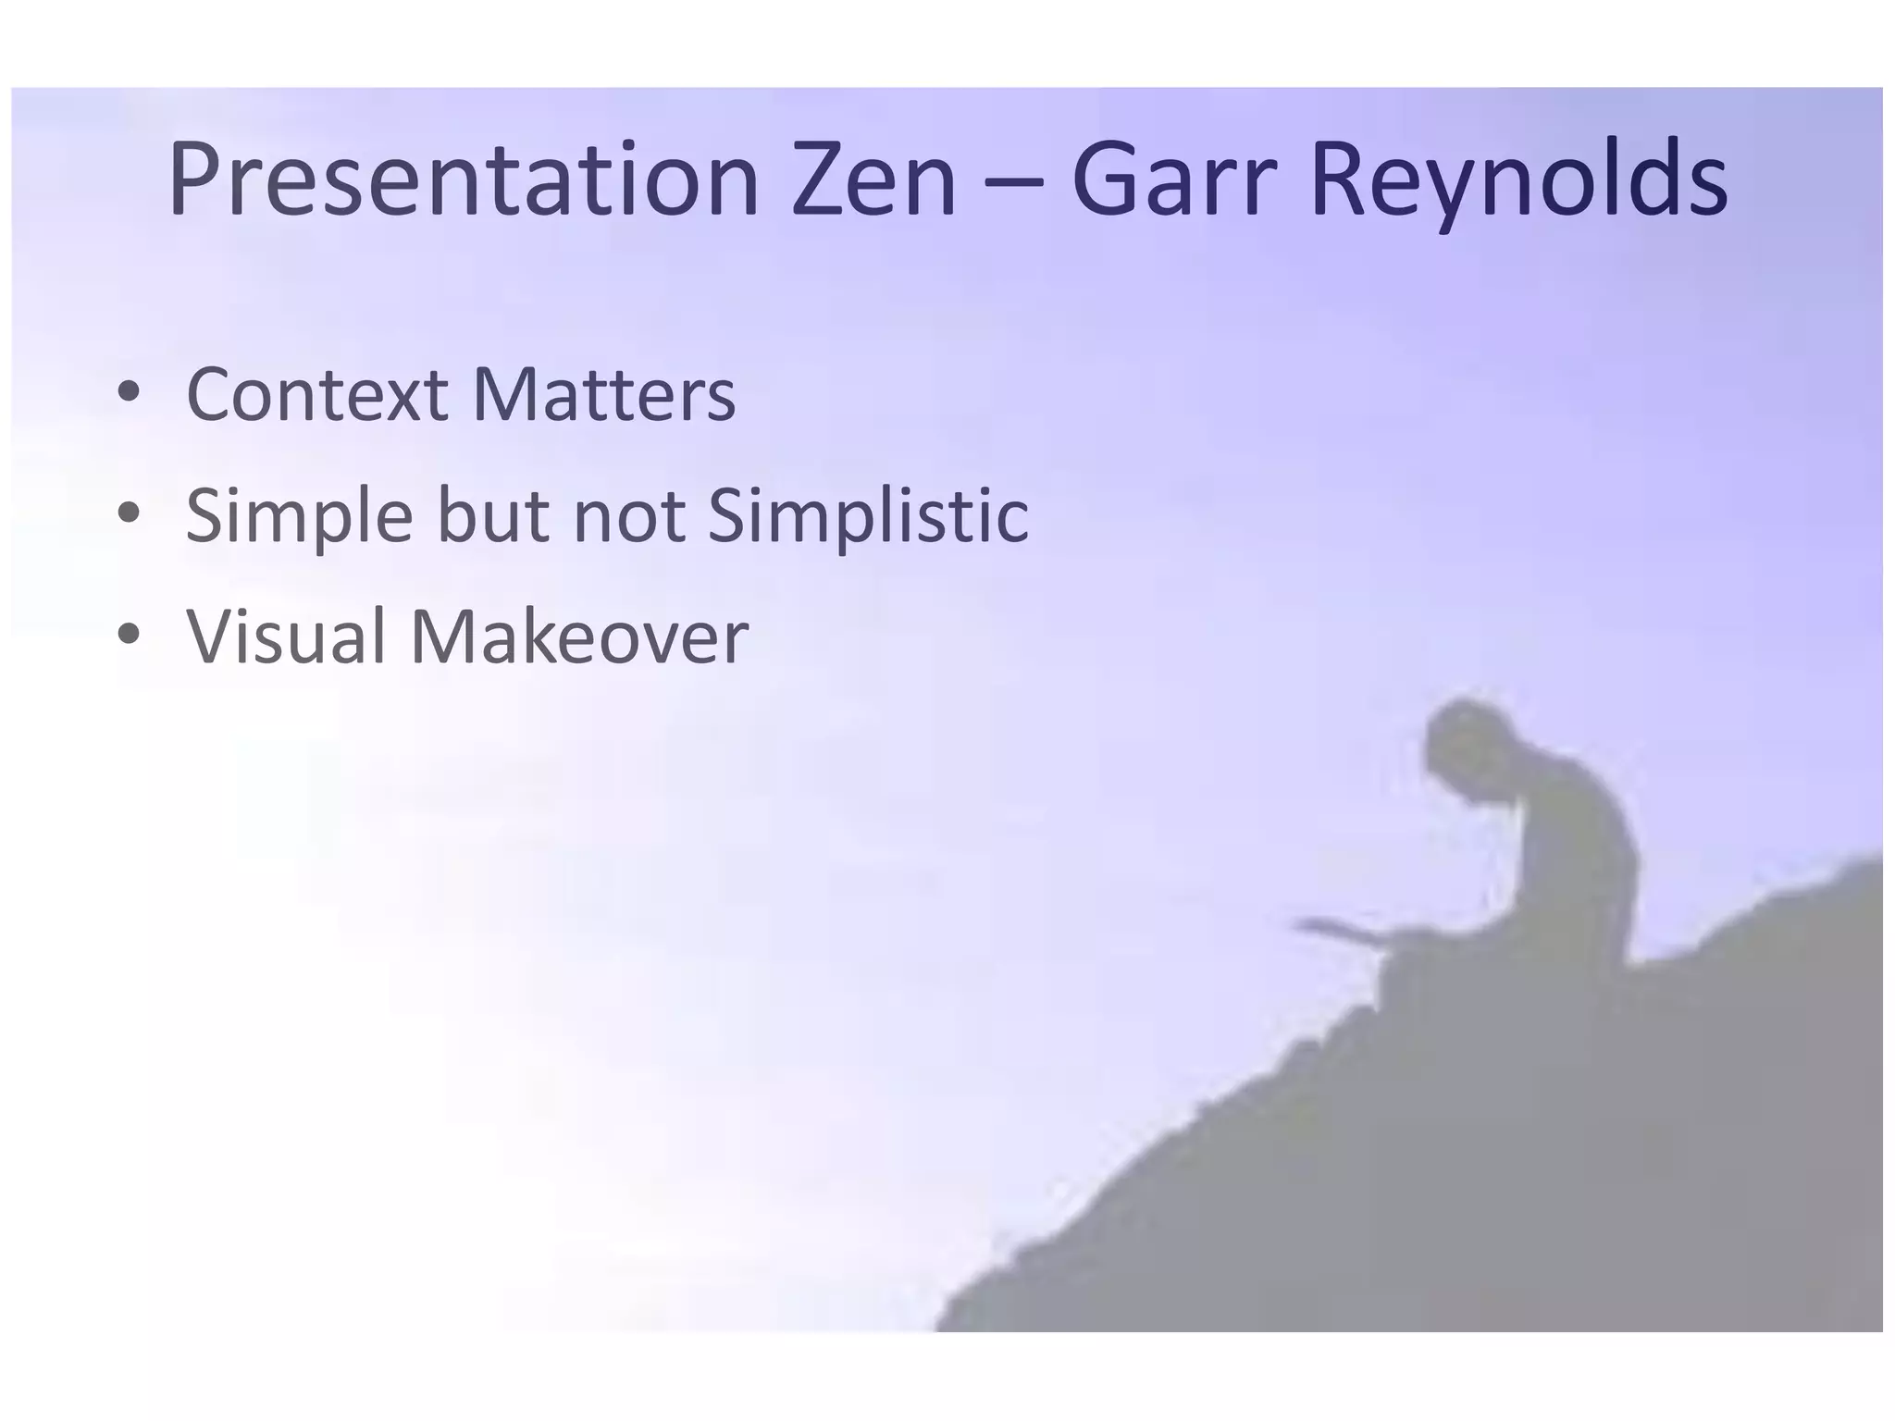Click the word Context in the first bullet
(x=316, y=395)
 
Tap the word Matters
(x=603, y=395)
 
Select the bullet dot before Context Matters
(x=129, y=393)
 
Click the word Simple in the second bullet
(x=299, y=516)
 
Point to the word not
(x=628, y=516)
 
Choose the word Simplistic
(x=867, y=516)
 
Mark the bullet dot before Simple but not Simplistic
(x=129, y=513)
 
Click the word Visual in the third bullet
(x=286, y=637)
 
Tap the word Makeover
(x=578, y=637)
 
